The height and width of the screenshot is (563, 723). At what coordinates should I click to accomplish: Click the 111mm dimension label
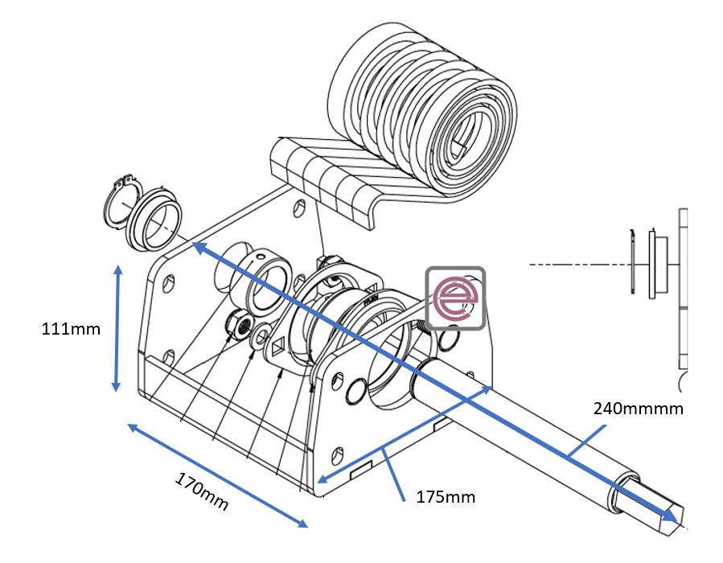[x=71, y=328]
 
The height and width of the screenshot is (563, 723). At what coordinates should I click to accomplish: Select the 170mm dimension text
[x=201, y=491]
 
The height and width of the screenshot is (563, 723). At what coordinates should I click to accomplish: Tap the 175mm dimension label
[x=445, y=497]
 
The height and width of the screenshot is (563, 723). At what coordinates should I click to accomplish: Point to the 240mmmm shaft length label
[x=638, y=409]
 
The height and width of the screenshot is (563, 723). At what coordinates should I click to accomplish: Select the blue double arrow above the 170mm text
[x=217, y=475]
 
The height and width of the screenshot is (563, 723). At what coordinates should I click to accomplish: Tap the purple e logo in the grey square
[x=455, y=298]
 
